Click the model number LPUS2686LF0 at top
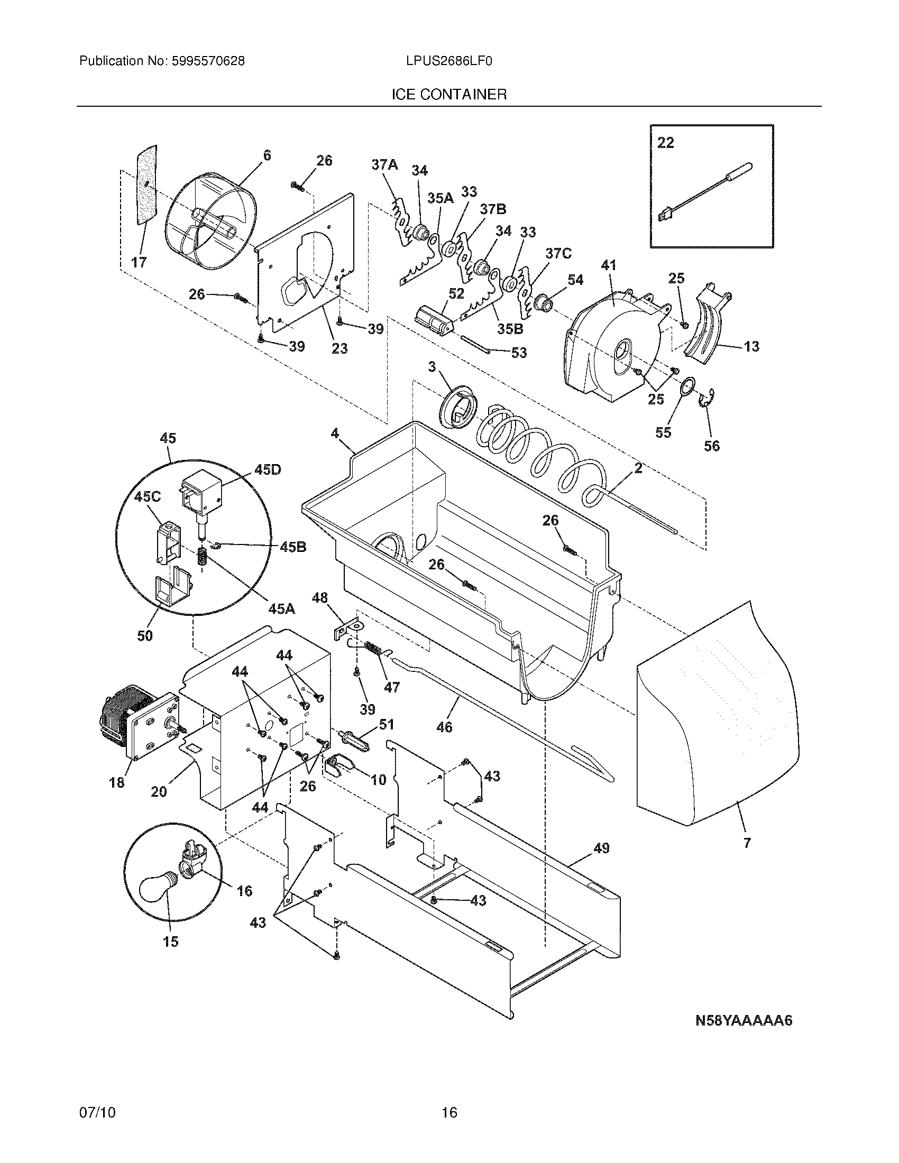448,61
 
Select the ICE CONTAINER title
449,95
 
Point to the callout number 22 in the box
665,143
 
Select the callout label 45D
268,469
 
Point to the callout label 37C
558,253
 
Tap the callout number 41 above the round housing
608,265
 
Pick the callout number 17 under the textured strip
139,263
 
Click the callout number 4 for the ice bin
334,433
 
